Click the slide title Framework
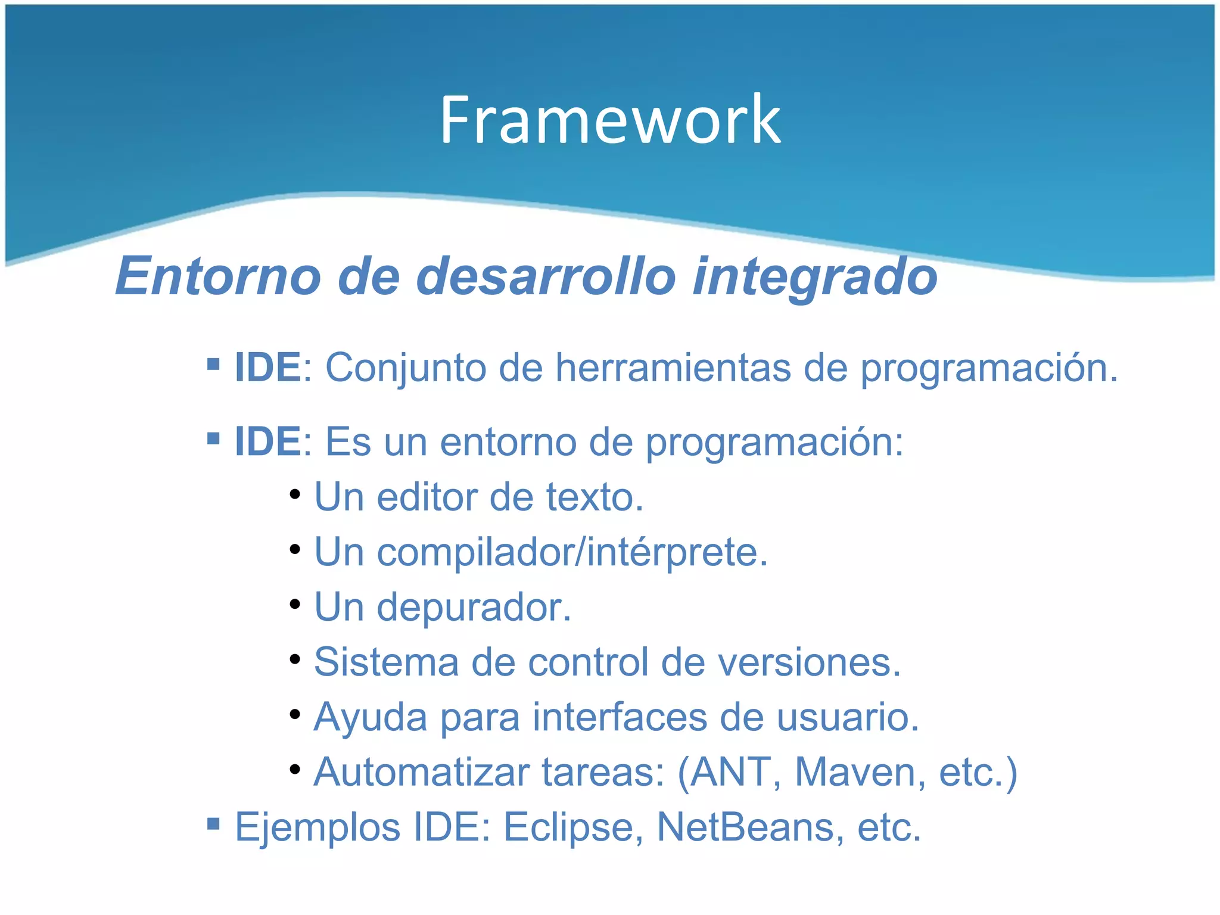610,120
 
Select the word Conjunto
405,368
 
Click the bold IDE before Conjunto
267,368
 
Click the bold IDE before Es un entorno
267,442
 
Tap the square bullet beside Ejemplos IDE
213,824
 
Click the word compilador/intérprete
572,552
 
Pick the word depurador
474,608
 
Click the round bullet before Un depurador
295,604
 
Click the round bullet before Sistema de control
295,659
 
